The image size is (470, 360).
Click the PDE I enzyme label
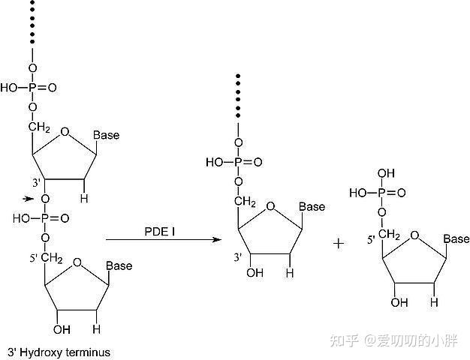[161, 232]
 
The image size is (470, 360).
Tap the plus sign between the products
[339, 243]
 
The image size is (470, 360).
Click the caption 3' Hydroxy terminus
[59, 351]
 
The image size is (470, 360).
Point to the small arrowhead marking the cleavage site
[28, 199]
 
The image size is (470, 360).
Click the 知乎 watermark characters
[348, 341]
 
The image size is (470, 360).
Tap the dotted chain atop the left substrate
[32, 22]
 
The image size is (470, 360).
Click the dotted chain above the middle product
[238, 97]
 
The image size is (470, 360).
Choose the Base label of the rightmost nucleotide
[456, 239]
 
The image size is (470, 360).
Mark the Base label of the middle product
[312, 206]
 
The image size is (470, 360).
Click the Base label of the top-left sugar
[106, 135]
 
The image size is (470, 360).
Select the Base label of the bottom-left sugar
[119, 265]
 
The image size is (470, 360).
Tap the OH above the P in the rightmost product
[385, 173]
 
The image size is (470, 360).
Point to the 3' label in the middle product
[237, 257]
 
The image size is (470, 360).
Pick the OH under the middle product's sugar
[255, 273]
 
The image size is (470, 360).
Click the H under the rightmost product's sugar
[433, 302]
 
